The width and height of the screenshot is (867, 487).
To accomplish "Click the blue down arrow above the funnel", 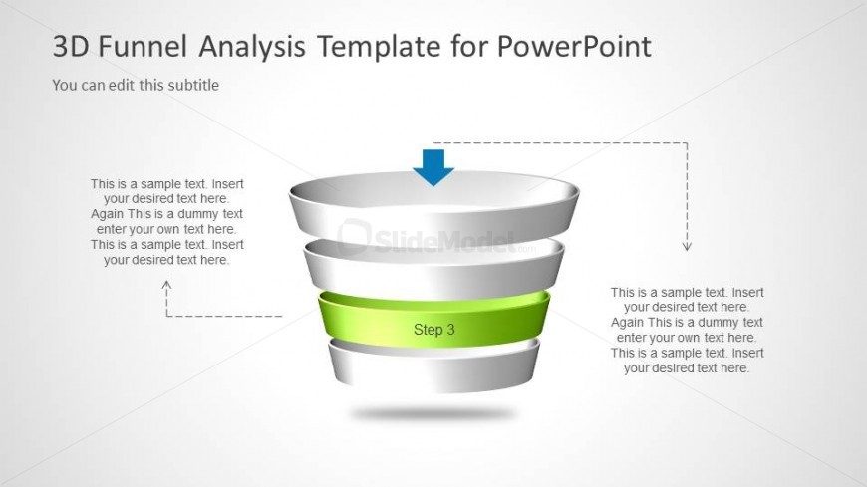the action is click(433, 167).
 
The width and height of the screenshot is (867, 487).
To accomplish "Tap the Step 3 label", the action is click(434, 330).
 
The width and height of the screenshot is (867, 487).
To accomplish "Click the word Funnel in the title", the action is click(143, 46).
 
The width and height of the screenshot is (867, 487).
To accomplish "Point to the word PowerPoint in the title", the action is click(574, 46).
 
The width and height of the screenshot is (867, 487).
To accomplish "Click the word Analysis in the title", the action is click(252, 47).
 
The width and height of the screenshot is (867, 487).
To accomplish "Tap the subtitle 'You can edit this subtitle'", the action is click(136, 85).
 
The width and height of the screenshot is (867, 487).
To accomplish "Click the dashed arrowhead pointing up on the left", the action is click(166, 285).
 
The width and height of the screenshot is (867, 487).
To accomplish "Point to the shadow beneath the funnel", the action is click(433, 413).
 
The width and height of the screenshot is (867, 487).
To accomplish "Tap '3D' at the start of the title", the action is click(71, 46).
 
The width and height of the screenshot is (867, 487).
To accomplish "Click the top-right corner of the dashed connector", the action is click(688, 143).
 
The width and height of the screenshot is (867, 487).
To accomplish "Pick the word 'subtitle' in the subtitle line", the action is click(193, 85).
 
